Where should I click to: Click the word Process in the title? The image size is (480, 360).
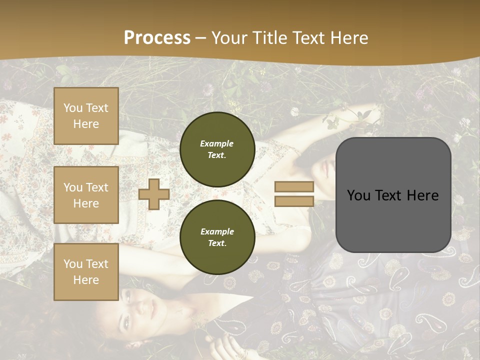click(x=157, y=38)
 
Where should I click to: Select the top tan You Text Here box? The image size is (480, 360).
click(x=86, y=116)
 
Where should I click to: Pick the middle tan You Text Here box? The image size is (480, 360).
click(x=86, y=195)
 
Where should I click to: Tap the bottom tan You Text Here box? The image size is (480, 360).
click(x=86, y=272)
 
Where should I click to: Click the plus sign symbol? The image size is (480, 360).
click(x=154, y=194)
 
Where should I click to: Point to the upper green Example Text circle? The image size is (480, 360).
click(x=217, y=149)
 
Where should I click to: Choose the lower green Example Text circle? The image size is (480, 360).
click(x=217, y=237)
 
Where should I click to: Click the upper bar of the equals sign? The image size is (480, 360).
click(x=294, y=187)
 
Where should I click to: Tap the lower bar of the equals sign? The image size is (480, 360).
click(x=294, y=201)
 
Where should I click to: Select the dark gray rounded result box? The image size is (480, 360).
click(x=393, y=194)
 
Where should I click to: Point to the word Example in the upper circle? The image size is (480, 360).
click(x=217, y=143)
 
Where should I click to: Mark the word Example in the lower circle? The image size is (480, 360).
click(x=217, y=231)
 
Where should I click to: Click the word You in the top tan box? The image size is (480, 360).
click(x=73, y=108)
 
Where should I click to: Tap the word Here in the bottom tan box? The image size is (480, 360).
click(x=86, y=280)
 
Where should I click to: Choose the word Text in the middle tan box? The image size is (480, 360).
click(x=97, y=187)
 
